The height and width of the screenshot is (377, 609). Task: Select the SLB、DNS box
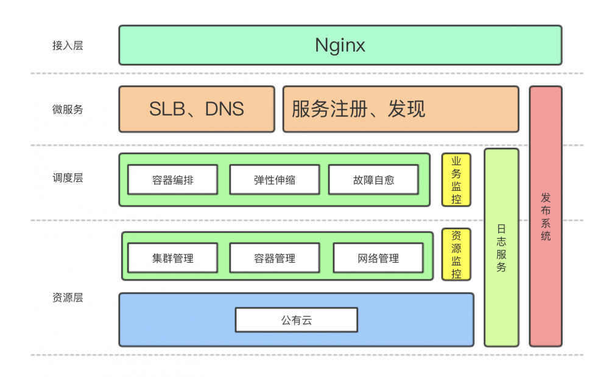197,109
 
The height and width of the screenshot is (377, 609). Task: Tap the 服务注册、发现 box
400,109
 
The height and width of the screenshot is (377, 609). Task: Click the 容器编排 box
172,180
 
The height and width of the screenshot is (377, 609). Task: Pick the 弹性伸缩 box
274,180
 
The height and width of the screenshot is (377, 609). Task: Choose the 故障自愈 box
373,180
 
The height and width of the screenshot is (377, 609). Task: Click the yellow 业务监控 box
456,180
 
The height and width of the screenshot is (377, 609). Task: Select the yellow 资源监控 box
456,254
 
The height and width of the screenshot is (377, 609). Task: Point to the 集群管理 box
172,258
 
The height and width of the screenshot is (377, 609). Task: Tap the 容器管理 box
274,258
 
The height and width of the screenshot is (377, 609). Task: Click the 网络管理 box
378,258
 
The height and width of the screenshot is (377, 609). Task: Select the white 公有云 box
296,320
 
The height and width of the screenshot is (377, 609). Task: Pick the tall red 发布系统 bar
546,292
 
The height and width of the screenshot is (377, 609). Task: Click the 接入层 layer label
68,46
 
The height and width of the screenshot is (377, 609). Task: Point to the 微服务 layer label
68,109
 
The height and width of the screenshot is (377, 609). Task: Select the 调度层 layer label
68,178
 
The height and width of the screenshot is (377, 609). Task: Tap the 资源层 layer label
68,298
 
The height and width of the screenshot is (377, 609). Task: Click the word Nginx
340,45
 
